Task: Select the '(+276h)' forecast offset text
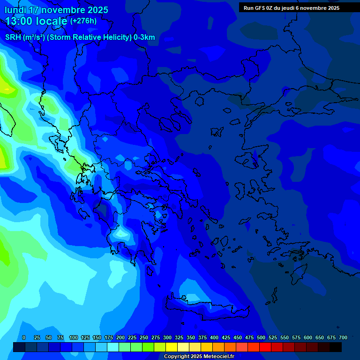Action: click(x=83, y=21)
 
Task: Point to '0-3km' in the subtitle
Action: click(x=144, y=37)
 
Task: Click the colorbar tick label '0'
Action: click(x=24, y=337)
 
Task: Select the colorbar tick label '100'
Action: click(x=74, y=337)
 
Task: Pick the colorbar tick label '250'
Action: click(x=144, y=337)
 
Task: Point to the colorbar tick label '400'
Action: click(x=214, y=337)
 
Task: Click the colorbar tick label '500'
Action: click(x=261, y=337)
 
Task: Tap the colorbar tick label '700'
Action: click(x=343, y=337)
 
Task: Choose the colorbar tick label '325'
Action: click(x=179, y=337)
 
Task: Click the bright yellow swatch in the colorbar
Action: click(x=172, y=347)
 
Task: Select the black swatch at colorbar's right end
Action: click(x=336, y=347)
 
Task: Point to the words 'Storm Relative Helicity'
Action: click(x=90, y=37)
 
